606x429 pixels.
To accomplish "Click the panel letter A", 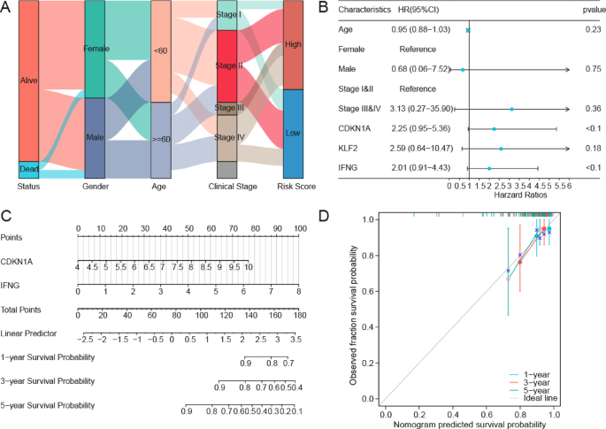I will [x=7, y=8].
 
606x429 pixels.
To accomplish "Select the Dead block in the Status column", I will [x=29, y=170].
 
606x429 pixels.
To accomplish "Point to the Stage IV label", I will [x=229, y=138].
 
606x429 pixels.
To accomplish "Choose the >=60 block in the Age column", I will [x=160, y=140].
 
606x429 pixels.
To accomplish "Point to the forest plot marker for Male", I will [x=463, y=68].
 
